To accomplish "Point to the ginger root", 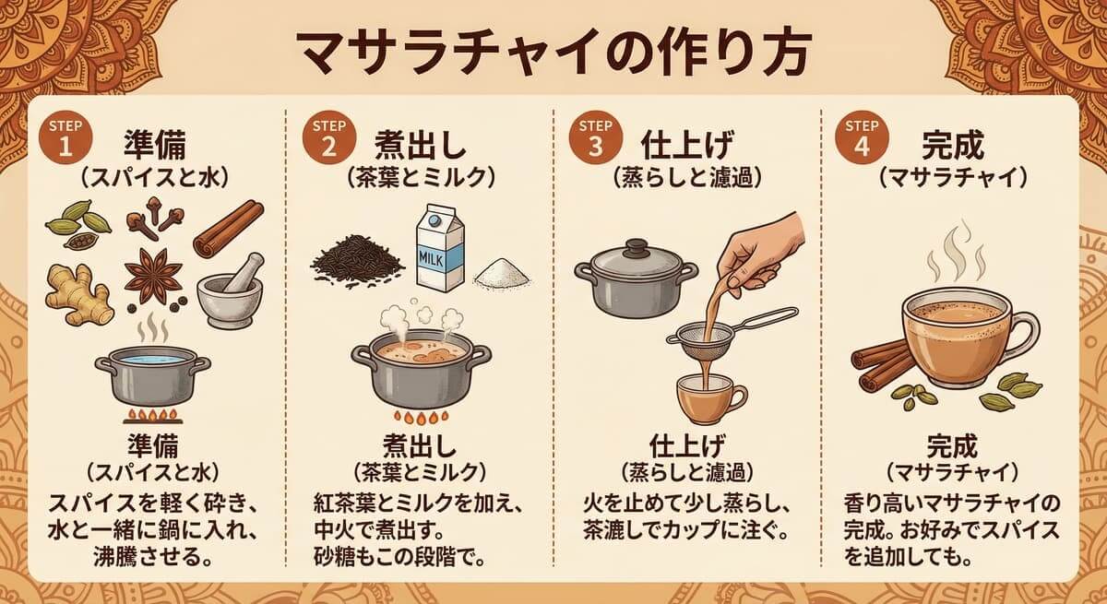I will click(x=78, y=292).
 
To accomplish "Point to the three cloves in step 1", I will click(x=152, y=216).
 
